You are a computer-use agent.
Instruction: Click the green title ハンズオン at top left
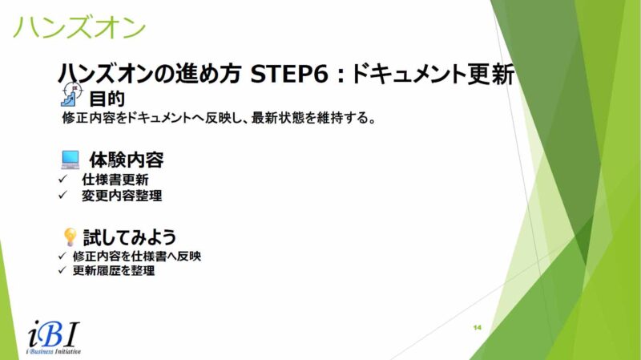pyautogui.click(x=79, y=27)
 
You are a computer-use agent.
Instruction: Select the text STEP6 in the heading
pyautogui.click(x=289, y=74)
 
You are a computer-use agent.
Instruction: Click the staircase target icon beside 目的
pyautogui.click(x=72, y=95)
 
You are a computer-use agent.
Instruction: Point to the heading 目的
pyautogui.click(x=107, y=99)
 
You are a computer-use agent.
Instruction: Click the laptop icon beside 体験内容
pyautogui.click(x=71, y=160)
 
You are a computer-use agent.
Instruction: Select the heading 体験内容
pyautogui.click(x=127, y=160)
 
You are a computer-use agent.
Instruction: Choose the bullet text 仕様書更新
pyautogui.click(x=115, y=180)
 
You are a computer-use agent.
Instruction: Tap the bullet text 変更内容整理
pyautogui.click(x=122, y=196)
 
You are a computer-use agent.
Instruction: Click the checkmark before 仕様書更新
pyautogui.click(x=62, y=179)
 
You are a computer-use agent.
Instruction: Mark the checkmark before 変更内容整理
pyautogui.click(x=62, y=195)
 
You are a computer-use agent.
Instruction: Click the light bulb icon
pyautogui.click(x=70, y=237)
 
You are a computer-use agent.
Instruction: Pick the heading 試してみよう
pyautogui.click(x=130, y=237)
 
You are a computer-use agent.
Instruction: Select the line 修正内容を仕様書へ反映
pyautogui.click(x=137, y=256)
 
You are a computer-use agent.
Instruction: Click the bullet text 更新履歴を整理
pyautogui.click(x=114, y=270)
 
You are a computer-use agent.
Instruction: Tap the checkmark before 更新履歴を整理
pyautogui.click(x=62, y=270)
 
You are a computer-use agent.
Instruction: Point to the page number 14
pyautogui.click(x=477, y=327)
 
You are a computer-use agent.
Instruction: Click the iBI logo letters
pyautogui.click(x=54, y=334)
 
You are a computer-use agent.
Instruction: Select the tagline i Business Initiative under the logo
pyautogui.click(x=53, y=351)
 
